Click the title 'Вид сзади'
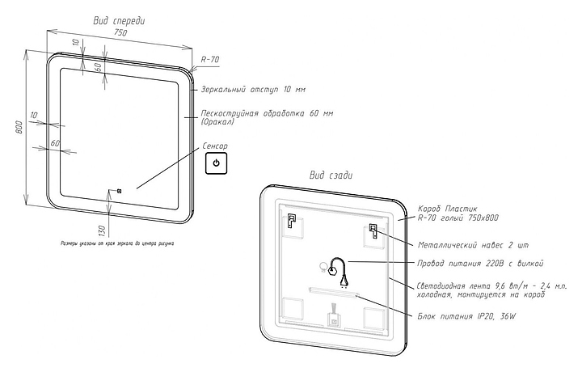(x=331, y=175)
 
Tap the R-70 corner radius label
(x=209, y=59)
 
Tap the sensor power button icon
(x=216, y=164)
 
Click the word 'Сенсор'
(x=215, y=146)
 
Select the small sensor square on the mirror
(x=119, y=191)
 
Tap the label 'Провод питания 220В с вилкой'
(x=480, y=263)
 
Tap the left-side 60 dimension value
(x=55, y=143)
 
